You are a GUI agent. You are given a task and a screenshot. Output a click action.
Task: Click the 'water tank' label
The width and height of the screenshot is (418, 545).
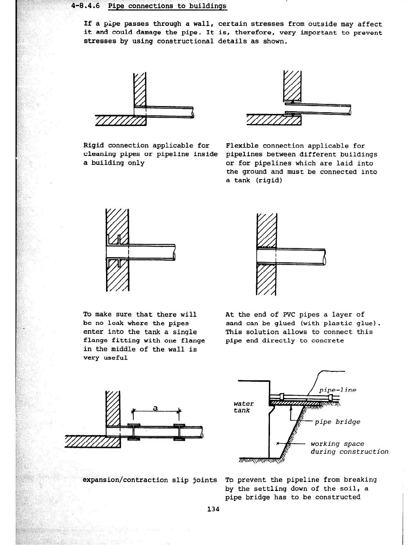coord(243,407)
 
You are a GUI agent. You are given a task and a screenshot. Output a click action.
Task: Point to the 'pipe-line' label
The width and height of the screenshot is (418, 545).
coord(337,390)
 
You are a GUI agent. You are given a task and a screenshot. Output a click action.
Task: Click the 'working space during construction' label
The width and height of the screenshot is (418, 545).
coord(349,448)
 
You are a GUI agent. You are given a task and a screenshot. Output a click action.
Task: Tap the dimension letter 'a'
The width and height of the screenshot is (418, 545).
coord(155,408)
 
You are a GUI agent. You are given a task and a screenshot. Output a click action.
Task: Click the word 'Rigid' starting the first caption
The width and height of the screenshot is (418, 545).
coord(94,146)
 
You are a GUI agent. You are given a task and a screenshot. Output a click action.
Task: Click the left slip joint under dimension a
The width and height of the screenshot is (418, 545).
coord(134,431)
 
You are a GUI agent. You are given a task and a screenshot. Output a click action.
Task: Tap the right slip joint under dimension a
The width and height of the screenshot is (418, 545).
coord(179,431)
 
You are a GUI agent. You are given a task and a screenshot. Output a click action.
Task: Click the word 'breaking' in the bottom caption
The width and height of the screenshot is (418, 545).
coord(362,480)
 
